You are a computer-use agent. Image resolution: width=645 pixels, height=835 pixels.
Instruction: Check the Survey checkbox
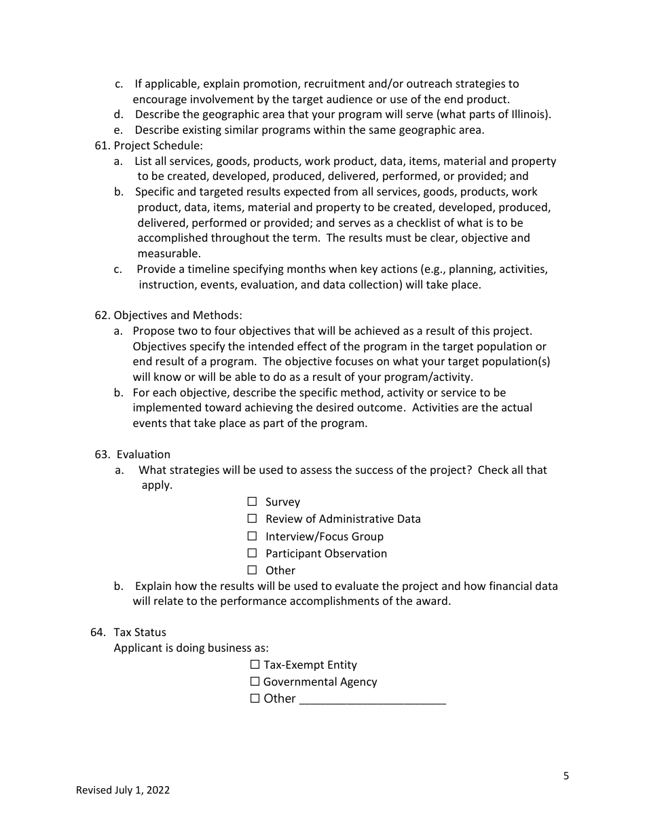point(252,502)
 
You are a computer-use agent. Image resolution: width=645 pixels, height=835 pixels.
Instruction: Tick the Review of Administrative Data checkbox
point(252,519)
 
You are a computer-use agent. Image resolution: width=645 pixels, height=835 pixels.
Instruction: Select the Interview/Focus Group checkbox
point(252,536)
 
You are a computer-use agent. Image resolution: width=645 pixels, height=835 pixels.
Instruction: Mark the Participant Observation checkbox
point(252,553)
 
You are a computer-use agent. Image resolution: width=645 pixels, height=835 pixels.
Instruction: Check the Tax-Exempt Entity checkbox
point(255,665)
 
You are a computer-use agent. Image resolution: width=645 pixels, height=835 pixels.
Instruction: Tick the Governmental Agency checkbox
point(255,682)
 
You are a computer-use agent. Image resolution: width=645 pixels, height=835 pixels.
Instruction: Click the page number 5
point(566,777)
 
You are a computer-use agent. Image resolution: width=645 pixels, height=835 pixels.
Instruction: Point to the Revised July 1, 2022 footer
point(123,790)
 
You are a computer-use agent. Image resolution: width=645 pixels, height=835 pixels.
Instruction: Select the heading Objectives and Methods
point(177,316)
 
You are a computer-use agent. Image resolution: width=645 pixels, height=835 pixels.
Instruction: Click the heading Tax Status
point(140,633)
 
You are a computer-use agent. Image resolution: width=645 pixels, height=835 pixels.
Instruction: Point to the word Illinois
point(527,115)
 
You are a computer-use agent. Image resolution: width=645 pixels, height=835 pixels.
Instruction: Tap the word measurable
point(169,254)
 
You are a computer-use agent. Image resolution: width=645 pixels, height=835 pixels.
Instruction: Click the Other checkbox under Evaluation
point(252,570)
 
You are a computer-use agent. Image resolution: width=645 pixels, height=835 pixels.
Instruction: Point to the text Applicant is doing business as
point(191,648)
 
